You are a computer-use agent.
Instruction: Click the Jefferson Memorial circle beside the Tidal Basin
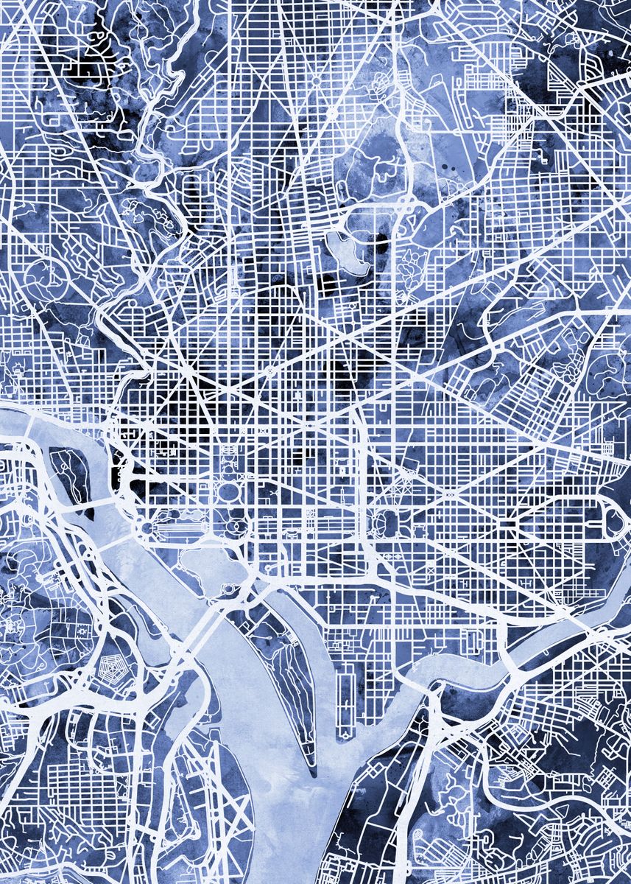point(229,589)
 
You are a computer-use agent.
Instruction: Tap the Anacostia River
point(471,667)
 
